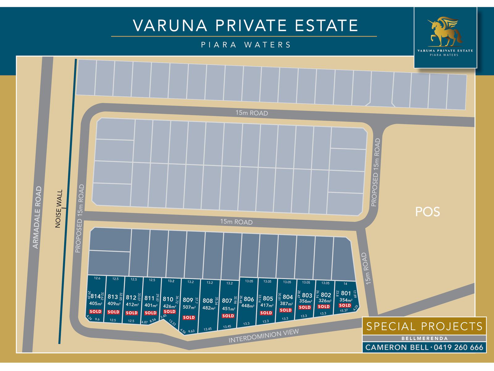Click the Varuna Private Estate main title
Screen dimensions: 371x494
point(245,25)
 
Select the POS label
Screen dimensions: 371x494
point(427,212)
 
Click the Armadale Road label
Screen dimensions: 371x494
point(37,217)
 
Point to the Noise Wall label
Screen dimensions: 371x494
point(59,209)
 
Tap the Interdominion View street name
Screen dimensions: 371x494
point(263,336)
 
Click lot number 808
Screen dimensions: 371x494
point(207,301)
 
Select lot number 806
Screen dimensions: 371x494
point(249,299)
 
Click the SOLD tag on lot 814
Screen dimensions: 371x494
point(95,311)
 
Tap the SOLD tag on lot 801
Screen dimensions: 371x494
point(345,305)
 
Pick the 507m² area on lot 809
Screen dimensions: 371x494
point(189,307)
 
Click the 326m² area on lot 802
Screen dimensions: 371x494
point(324,301)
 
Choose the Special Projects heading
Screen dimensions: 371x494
point(424,326)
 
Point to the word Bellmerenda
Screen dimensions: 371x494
point(424,339)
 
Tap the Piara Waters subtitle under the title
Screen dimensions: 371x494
point(246,45)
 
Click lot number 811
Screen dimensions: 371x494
point(149,298)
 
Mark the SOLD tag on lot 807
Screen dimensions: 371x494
point(228,316)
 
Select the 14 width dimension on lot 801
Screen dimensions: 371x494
point(345,284)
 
